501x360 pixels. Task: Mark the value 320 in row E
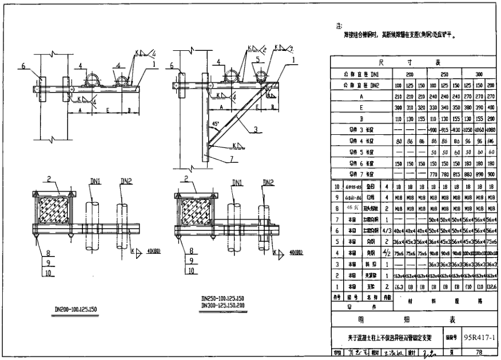click(420, 108)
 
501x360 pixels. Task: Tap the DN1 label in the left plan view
click(95, 181)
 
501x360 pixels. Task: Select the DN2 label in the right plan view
click(267, 182)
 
